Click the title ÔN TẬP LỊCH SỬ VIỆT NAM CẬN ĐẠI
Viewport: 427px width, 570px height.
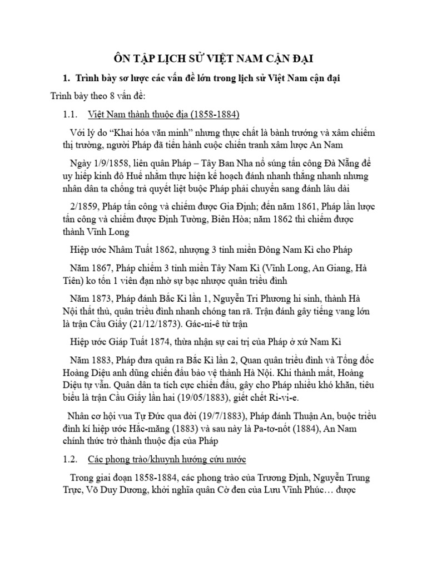pos(213,60)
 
